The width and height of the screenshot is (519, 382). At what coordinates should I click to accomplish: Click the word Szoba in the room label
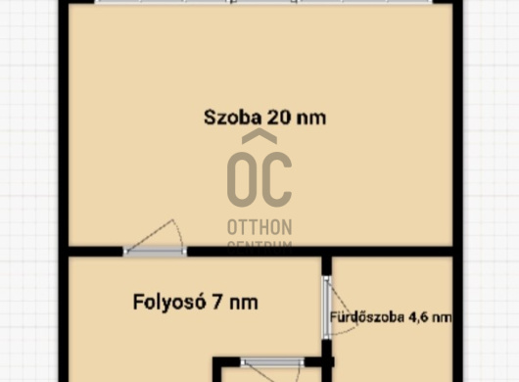[x=229, y=118]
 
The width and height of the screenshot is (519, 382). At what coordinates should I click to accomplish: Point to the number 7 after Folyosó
[x=216, y=303]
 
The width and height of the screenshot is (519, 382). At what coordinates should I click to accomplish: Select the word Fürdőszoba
[x=368, y=317]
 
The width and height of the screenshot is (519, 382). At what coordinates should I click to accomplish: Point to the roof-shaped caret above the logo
[x=259, y=138]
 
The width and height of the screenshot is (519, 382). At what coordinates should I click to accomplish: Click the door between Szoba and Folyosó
[x=155, y=251]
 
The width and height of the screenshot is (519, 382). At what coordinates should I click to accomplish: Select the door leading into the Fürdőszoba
[x=328, y=307]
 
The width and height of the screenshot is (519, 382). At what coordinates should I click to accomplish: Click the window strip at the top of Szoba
[x=259, y=2]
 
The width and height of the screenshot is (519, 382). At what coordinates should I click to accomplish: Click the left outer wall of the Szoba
[x=64, y=127]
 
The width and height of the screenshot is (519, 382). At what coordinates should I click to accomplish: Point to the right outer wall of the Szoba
[x=457, y=127]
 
